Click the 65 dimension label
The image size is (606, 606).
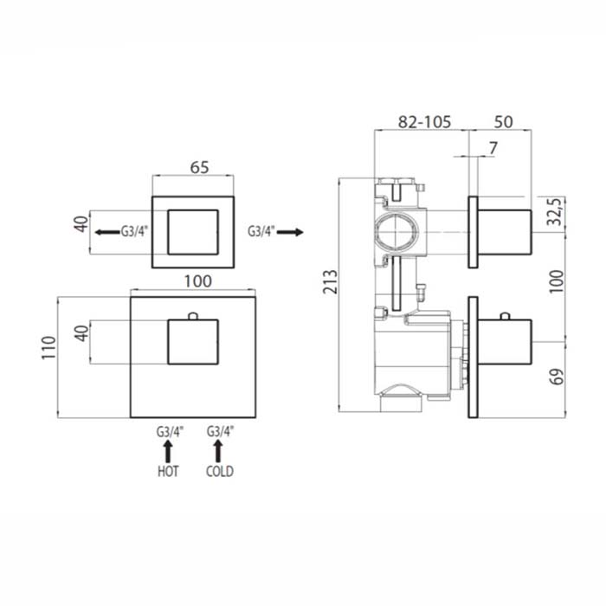tap(199, 167)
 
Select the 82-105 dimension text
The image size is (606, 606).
tap(424, 122)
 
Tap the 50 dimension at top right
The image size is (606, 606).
tap(503, 122)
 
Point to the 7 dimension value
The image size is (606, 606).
tap(493, 148)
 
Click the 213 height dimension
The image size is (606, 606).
tap(331, 282)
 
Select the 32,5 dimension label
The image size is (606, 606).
tap(556, 211)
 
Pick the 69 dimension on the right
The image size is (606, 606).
tap(557, 377)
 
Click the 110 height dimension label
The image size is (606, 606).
tap(49, 348)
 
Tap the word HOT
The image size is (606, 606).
tap(168, 472)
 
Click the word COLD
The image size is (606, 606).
tap(220, 472)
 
